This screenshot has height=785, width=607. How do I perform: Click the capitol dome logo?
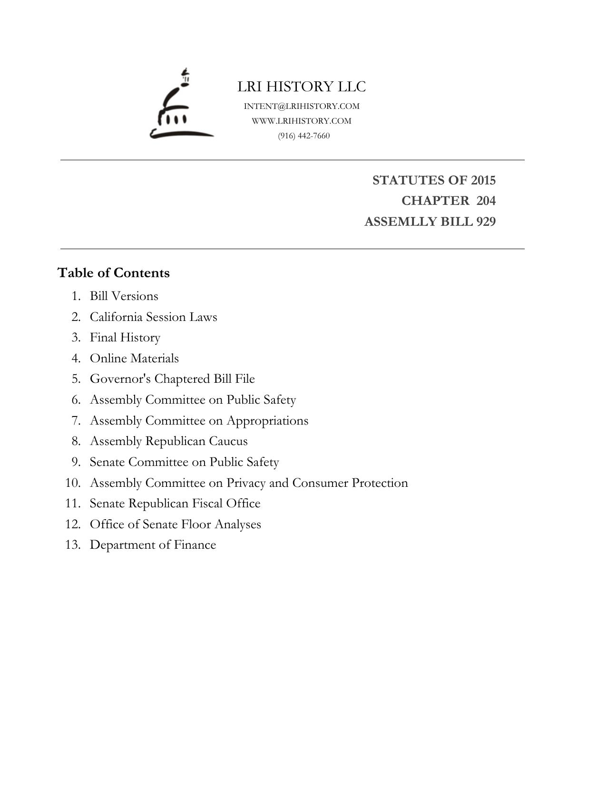coord(181,106)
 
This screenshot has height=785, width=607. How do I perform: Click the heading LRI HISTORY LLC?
coord(302,87)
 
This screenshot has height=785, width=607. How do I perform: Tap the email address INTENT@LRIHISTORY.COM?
coord(302,106)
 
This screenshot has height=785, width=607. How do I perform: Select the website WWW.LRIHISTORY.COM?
coord(302,121)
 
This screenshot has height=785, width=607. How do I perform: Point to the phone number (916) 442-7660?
coord(304,136)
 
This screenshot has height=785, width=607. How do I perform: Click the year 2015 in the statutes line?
coord(483,180)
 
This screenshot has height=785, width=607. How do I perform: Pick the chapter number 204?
coord(486,201)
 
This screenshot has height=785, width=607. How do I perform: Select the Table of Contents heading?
coord(114,273)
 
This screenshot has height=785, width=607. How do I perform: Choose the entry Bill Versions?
coord(124,296)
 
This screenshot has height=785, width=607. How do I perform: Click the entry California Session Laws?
coord(153,317)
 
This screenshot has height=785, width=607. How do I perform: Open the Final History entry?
coord(125,338)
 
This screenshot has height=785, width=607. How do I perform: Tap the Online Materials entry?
coord(134,359)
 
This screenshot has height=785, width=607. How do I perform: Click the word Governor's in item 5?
coord(120,379)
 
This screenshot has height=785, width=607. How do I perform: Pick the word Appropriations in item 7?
coord(267,421)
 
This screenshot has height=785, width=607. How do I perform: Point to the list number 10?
coord(73,483)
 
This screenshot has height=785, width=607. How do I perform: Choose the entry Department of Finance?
coord(153,545)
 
